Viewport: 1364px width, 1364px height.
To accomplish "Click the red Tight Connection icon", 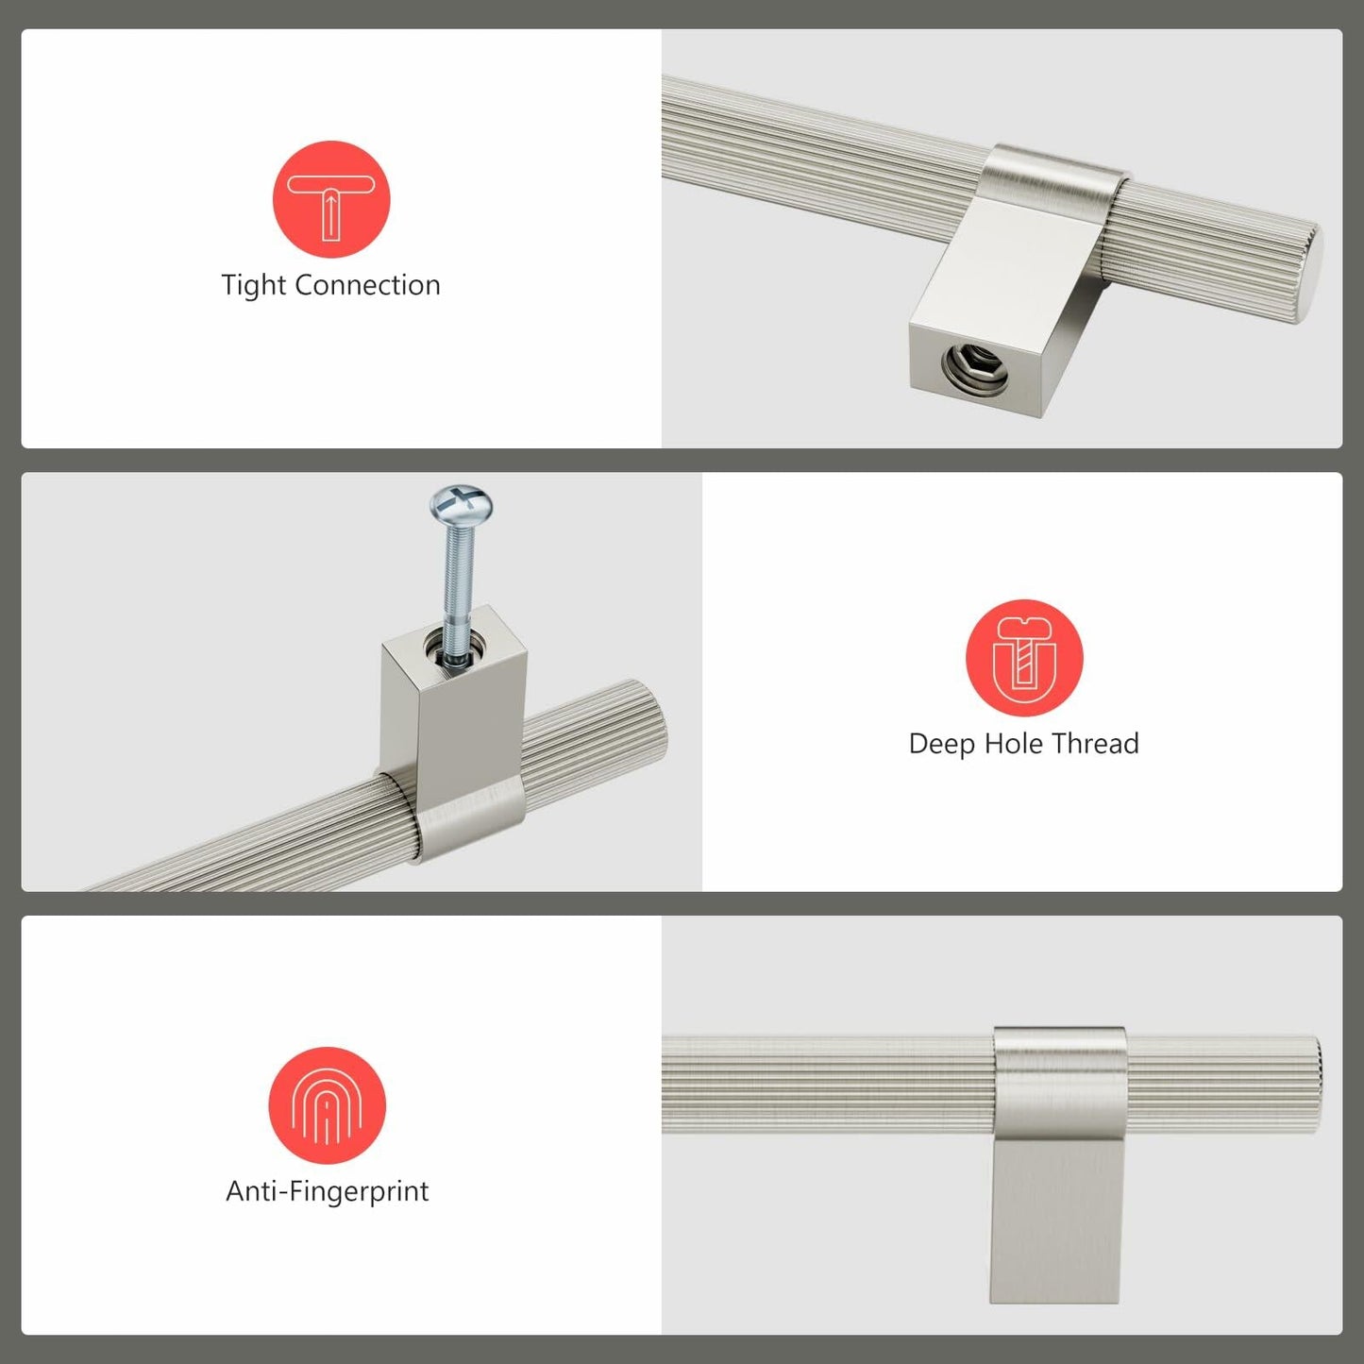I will point(330,199).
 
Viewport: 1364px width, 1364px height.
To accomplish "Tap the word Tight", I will point(252,285).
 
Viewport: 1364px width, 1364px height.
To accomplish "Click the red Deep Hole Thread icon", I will point(1024,658).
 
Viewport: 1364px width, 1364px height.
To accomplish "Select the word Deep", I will point(942,744).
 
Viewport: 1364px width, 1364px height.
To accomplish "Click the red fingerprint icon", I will point(327,1104).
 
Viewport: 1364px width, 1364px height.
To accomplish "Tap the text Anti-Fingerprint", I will point(327,1191).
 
